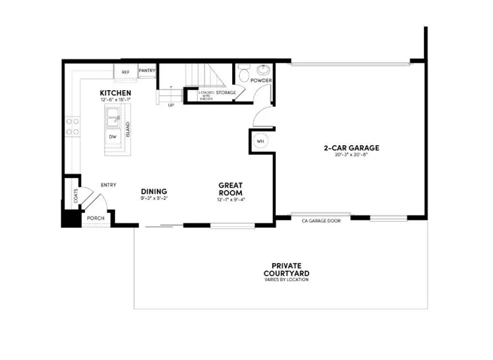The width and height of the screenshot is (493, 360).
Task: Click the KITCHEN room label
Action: point(115,93)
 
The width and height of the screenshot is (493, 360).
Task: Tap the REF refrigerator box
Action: point(126,72)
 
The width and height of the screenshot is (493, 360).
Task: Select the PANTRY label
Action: point(147,71)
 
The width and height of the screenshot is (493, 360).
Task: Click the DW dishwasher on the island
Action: point(113,137)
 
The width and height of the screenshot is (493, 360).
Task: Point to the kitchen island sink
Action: point(115,116)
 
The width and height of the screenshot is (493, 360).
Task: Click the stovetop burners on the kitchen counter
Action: point(74,126)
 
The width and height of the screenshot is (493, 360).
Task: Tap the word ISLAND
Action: point(129,129)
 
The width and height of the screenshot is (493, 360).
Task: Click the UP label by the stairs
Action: point(171,105)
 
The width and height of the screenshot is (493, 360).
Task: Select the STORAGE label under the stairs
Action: point(225,92)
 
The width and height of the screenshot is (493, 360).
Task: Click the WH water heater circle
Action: point(261,141)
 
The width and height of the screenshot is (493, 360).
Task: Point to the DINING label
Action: point(153,191)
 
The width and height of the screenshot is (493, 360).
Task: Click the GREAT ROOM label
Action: point(231,188)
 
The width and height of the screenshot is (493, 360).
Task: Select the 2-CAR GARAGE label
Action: point(351,147)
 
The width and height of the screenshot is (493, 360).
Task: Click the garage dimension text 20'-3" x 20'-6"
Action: point(351,155)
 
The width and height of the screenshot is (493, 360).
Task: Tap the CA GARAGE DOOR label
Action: point(320,221)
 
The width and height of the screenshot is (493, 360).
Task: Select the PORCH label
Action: point(95,218)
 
